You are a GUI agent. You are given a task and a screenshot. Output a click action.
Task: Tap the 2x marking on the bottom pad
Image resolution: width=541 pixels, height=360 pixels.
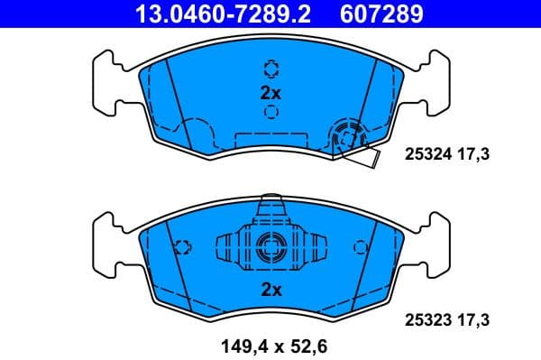(x=270, y=290)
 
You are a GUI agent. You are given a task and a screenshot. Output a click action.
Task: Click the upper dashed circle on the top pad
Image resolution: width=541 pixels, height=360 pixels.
(x=270, y=69)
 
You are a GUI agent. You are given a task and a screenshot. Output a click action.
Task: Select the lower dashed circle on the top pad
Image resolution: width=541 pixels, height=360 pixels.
(x=270, y=112)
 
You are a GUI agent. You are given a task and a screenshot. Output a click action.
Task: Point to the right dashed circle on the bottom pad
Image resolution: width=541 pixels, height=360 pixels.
(x=361, y=246)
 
